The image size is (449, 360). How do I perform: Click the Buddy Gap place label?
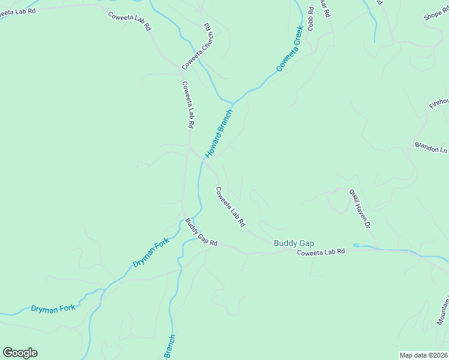(x=294, y=243)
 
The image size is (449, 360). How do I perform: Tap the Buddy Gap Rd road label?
(x=201, y=232)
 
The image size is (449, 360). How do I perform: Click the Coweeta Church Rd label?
(x=199, y=46)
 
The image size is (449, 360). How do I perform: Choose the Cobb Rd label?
(x=310, y=19)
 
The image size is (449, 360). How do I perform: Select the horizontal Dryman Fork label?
(x=53, y=308)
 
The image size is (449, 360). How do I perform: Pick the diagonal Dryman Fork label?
(x=151, y=253)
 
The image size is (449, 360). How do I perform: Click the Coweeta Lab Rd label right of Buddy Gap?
(x=321, y=252)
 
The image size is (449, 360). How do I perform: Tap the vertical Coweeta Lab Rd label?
(x=188, y=104)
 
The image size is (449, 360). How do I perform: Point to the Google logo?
(x=20, y=353)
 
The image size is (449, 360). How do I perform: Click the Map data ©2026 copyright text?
(x=423, y=355)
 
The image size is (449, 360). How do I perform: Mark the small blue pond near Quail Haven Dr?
(x=356, y=245)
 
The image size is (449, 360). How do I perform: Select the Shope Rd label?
(x=436, y=14)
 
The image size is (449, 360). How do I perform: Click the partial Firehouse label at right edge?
(x=439, y=103)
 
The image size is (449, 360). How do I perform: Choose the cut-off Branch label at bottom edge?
(x=169, y=347)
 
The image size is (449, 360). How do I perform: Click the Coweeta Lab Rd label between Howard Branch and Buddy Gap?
(x=231, y=206)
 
